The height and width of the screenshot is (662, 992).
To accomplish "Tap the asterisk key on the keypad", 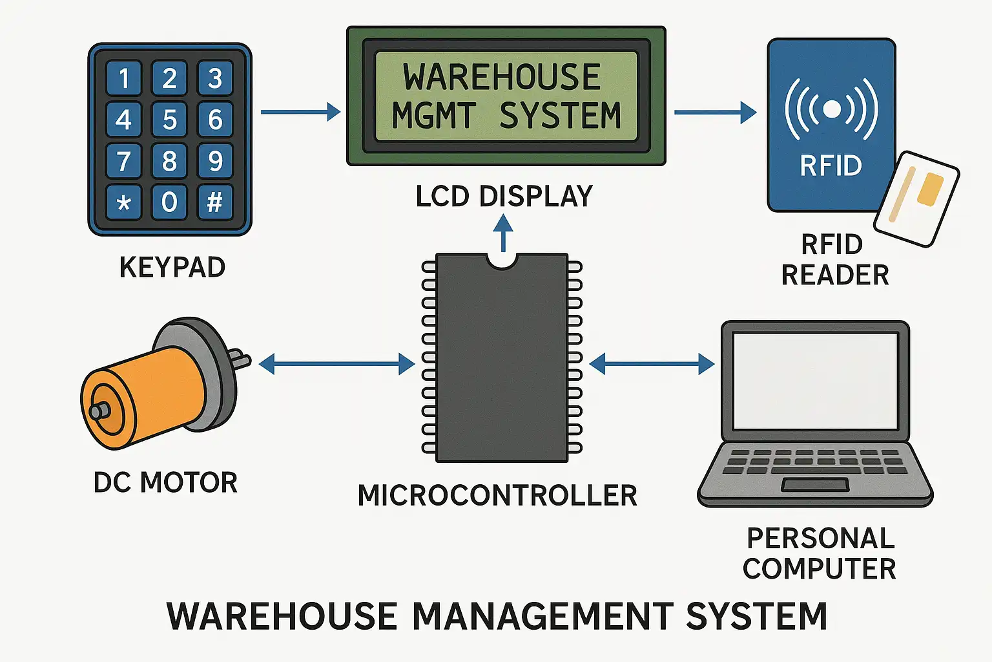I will coord(124,202).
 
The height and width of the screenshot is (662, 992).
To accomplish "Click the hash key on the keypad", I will coord(215,202).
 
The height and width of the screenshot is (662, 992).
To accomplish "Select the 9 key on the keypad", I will coord(215,161).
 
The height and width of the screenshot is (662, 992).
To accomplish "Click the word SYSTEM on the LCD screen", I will coord(560,116).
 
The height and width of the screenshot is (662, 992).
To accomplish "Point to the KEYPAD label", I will coord(172,267).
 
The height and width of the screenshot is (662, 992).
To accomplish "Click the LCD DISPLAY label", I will coord(504,197).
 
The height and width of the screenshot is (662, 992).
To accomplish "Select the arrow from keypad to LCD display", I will coord(300,112).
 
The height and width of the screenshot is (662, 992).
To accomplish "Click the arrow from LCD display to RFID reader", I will coord(714,112).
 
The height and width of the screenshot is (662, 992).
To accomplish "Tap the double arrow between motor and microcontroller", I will coord(336,364).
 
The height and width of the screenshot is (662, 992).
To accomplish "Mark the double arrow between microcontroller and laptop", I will coord(652,364).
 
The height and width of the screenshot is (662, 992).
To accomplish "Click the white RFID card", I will coord(916,198).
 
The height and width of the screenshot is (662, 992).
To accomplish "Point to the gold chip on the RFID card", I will coord(930,189).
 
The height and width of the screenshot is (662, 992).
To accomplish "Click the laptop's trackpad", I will coord(815,484).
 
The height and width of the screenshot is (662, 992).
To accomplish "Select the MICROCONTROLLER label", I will coord(497,496).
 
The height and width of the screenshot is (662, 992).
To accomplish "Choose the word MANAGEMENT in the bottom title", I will coord(542,616).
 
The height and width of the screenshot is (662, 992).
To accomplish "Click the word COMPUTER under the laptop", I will coord(819,569).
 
